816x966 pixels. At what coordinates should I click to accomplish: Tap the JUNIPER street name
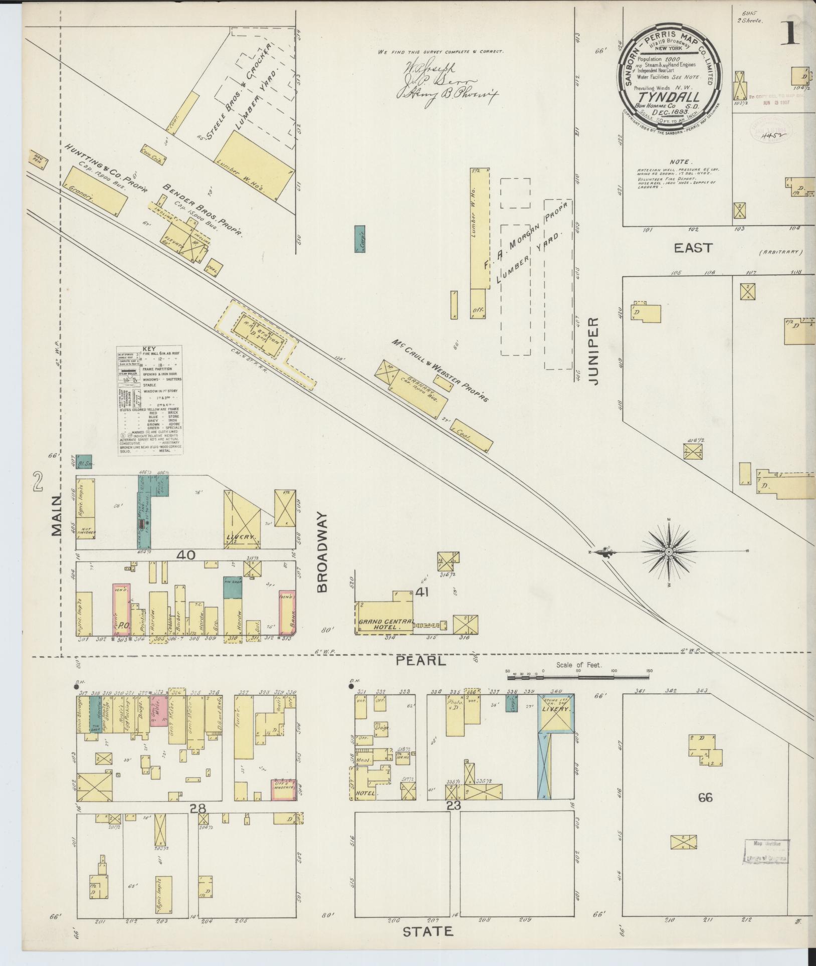pyautogui.click(x=594, y=351)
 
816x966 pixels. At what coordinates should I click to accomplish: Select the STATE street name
pyautogui.click(x=428, y=931)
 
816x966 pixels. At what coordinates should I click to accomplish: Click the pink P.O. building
pyautogui.click(x=122, y=610)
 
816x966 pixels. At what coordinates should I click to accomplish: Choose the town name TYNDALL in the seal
pyautogui.click(x=669, y=96)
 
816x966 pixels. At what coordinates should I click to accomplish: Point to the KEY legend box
pyautogui.click(x=149, y=400)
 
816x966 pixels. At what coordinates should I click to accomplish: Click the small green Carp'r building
pyautogui.click(x=359, y=239)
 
